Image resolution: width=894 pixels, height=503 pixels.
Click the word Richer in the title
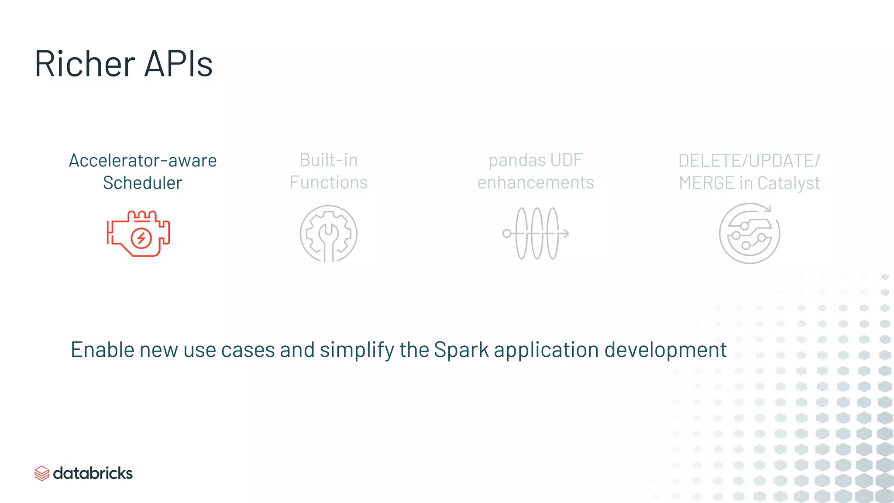(85, 64)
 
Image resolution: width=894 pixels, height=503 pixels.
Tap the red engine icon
(138, 234)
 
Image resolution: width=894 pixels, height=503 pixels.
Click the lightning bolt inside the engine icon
(141, 238)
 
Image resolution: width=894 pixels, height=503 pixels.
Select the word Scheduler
(142, 183)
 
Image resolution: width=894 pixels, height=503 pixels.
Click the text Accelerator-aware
(142, 161)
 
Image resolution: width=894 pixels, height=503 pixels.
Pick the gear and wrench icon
(328, 234)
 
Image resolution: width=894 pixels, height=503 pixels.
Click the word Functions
(328, 183)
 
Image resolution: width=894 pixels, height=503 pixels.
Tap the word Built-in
(328, 160)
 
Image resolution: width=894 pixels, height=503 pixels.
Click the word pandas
(511, 160)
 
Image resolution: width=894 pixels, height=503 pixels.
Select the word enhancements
(536, 183)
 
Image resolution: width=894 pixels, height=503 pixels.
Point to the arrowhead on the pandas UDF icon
(566, 234)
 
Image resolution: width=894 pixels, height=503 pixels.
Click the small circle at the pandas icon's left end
(507, 234)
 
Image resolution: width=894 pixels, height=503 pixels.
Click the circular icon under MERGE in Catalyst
(749, 234)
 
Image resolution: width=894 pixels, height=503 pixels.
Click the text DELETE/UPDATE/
(749, 161)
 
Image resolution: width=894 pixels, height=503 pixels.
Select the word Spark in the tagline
(461, 350)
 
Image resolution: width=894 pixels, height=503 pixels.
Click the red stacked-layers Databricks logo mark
(41, 473)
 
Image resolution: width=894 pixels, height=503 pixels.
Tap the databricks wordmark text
(93, 473)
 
